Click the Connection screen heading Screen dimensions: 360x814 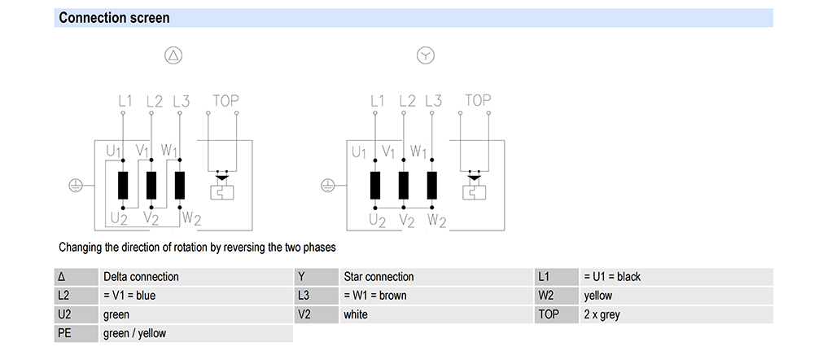click(x=114, y=18)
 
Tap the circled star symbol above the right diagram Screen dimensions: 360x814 click(x=426, y=55)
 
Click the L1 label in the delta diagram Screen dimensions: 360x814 click(x=125, y=102)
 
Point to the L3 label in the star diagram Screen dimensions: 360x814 click(x=433, y=102)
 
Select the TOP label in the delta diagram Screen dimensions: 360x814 click(x=225, y=101)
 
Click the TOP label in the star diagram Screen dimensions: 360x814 click(x=478, y=101)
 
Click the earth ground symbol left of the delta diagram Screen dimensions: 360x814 click(x=75, y=186)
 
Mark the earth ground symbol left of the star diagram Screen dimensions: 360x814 click(x=327, y=186)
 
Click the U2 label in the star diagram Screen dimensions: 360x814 click(x=377, y=219)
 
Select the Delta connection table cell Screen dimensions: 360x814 click(x=141, y=277)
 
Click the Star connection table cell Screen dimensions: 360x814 click(x=379, y=277)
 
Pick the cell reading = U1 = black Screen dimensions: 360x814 click(x=612, y=277)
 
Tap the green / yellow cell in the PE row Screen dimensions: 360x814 click(x=134, y=333)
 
